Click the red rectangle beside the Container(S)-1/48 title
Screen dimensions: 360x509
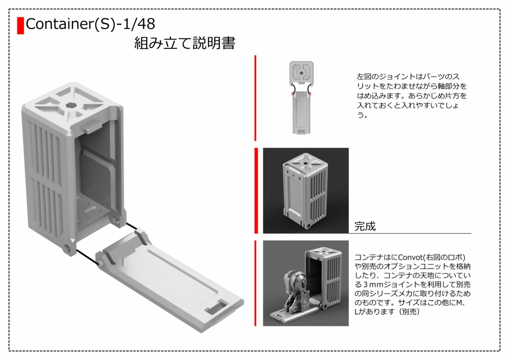click(x=20, y=25)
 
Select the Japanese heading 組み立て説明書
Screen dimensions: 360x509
click(x=184, y=44)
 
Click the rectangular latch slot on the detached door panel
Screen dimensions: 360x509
click(x=217, y=309)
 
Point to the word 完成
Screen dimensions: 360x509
click(x=365, y=227)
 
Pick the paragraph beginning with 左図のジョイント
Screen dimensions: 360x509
click(x=412, y=96)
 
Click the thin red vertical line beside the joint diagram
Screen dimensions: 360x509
click(x=255, y=98)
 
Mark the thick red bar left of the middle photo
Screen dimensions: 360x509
click(x=256, y=190)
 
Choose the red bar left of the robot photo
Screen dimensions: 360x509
click(x=255, y=283)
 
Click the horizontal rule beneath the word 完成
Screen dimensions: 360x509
click(x=412, y=233)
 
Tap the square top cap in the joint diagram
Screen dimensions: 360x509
click(x=301, y=73)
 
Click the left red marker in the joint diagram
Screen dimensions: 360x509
click(x=291, y=92)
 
